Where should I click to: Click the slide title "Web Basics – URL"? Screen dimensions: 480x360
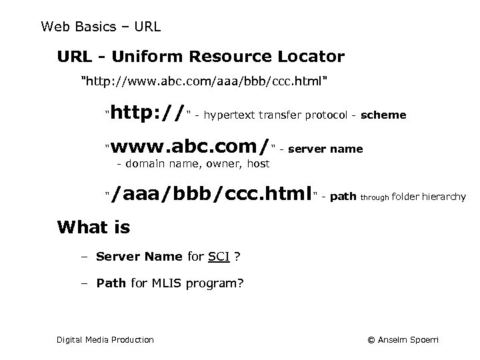(101, 27)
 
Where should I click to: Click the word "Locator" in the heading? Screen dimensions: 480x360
(310, 57)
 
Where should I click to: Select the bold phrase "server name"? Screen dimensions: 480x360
(325, 149)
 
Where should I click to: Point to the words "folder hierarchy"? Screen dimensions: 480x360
(429, 196)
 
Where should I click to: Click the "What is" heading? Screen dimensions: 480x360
(94, 227)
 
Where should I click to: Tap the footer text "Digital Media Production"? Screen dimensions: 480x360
(105, 340)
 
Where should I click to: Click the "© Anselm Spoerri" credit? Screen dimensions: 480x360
(403, 340)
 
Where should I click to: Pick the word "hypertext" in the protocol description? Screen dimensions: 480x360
(227, 115)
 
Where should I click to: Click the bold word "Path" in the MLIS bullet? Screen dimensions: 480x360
(111, 283)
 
